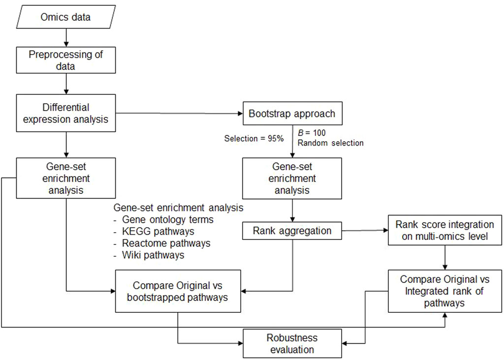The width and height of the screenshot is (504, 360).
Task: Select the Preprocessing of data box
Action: (65, 60)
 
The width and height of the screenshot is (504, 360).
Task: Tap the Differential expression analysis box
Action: (65, 113)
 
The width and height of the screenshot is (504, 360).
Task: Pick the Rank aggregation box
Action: (292, 231)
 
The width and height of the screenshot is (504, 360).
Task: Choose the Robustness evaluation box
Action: (292, 343)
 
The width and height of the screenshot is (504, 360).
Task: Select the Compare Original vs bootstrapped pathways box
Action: (178, 291)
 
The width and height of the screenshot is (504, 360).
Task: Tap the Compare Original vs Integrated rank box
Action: (445, 291)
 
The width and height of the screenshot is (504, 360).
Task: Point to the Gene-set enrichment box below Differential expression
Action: (65, 178)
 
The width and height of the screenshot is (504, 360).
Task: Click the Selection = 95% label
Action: (254, 139)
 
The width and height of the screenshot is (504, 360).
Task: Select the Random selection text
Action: (331, 143)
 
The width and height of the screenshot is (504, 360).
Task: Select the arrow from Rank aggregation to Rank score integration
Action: (364, 231)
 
